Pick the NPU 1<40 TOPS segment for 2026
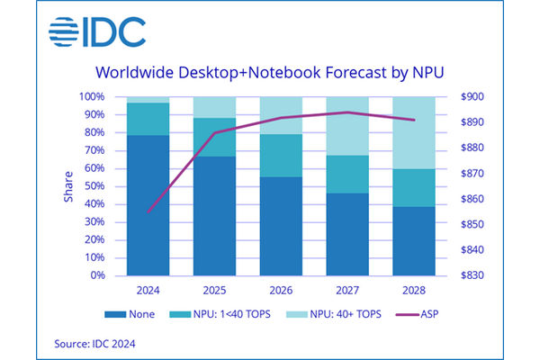(281, 156)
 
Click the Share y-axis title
(67, 186)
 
